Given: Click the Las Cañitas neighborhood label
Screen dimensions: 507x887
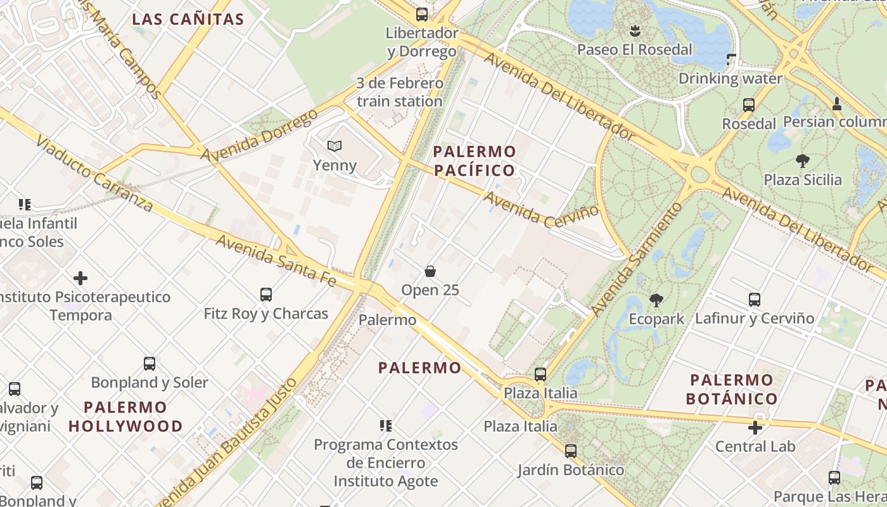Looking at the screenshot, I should pos(188,19).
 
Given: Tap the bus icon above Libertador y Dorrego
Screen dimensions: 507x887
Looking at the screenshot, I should pos(422,14).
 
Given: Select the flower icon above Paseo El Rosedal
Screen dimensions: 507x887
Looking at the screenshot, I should pos(634,30).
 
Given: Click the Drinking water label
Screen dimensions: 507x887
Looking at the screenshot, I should pos(731,79).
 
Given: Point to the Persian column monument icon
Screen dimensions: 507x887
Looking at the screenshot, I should pos(836,104).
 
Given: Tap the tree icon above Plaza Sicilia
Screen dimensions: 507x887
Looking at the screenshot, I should pos(803,161).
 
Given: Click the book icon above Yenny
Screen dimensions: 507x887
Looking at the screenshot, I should pos(335,146).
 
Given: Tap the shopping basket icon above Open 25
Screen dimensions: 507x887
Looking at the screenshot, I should pos(430,271).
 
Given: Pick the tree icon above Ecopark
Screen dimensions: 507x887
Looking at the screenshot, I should pos(656,300).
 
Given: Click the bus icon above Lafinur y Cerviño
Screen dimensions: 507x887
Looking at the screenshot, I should pos(754,299).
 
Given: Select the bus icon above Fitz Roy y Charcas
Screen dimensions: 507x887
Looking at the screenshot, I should pos(266,295).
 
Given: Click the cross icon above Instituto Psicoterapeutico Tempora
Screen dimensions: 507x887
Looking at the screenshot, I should pos(80,278).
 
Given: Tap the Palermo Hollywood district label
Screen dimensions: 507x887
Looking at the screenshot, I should pos(125,416).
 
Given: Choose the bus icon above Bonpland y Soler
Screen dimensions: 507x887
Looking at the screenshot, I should pos(150,364).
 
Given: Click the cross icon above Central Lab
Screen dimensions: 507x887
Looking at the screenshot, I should pos(755,428).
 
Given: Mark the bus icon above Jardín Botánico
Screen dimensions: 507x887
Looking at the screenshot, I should pos(571,451).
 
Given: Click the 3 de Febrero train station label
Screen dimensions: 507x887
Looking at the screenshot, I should pos(400,92).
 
